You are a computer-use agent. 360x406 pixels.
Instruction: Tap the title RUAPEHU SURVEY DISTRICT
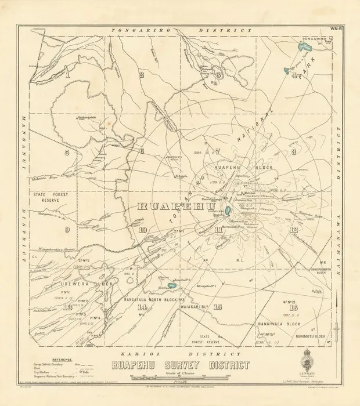point(178,365)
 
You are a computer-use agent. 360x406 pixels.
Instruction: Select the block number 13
point(68,307)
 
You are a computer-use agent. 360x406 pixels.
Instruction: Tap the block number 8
point(294,152)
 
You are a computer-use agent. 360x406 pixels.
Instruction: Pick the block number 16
point(218,307)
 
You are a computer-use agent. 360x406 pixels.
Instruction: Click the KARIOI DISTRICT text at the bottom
point(180,352)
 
